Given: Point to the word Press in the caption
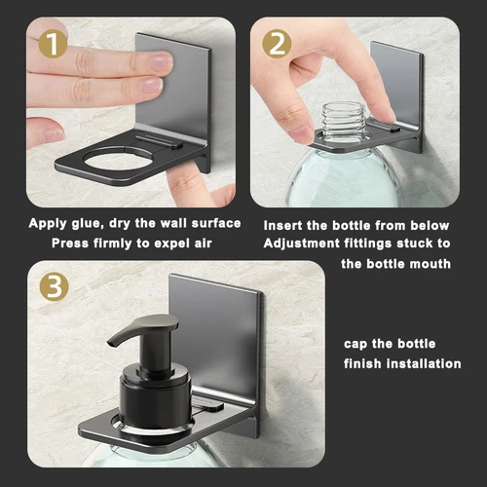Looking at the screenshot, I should (x=69, y=243).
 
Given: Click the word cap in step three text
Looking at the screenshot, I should (x=356, y=344).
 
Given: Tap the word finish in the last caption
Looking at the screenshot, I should (x=365, y=363).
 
